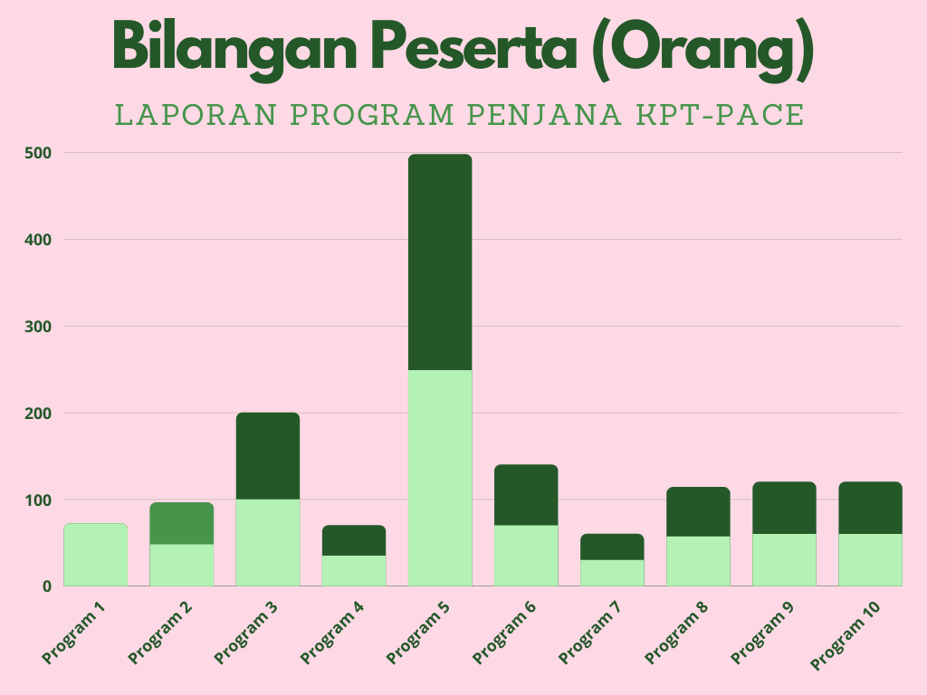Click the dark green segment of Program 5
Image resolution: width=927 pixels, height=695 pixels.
(440, 262)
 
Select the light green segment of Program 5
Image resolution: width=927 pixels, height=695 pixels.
(440, 478)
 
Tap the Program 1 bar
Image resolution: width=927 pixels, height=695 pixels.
(95, 555)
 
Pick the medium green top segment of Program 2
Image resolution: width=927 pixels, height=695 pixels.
(182, 523)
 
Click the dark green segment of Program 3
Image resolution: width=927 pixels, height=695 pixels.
(268, 456)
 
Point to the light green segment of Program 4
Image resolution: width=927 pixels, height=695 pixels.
(354, 570)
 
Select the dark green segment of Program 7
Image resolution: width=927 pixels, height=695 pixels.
(612, 547)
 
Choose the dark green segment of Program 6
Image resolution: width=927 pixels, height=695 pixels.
(526, 495)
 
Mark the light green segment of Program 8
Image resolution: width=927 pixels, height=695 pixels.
(698, 561)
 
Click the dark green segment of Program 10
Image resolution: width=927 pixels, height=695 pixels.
(870, 508)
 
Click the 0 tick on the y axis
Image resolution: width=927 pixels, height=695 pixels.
(44, 586)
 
